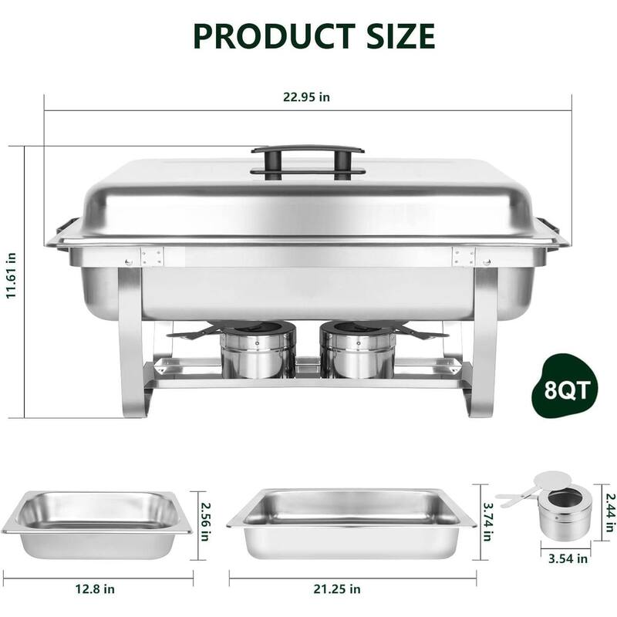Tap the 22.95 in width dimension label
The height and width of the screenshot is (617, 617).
point(306,97)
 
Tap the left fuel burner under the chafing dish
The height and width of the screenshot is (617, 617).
point(258,351)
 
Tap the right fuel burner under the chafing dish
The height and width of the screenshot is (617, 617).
point(357,351)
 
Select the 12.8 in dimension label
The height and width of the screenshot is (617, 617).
point(97,589)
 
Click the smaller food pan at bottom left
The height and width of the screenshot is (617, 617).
point(97,524)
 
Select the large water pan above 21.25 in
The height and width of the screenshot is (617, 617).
point(351,523)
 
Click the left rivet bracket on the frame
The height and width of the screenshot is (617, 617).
point(151,257)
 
